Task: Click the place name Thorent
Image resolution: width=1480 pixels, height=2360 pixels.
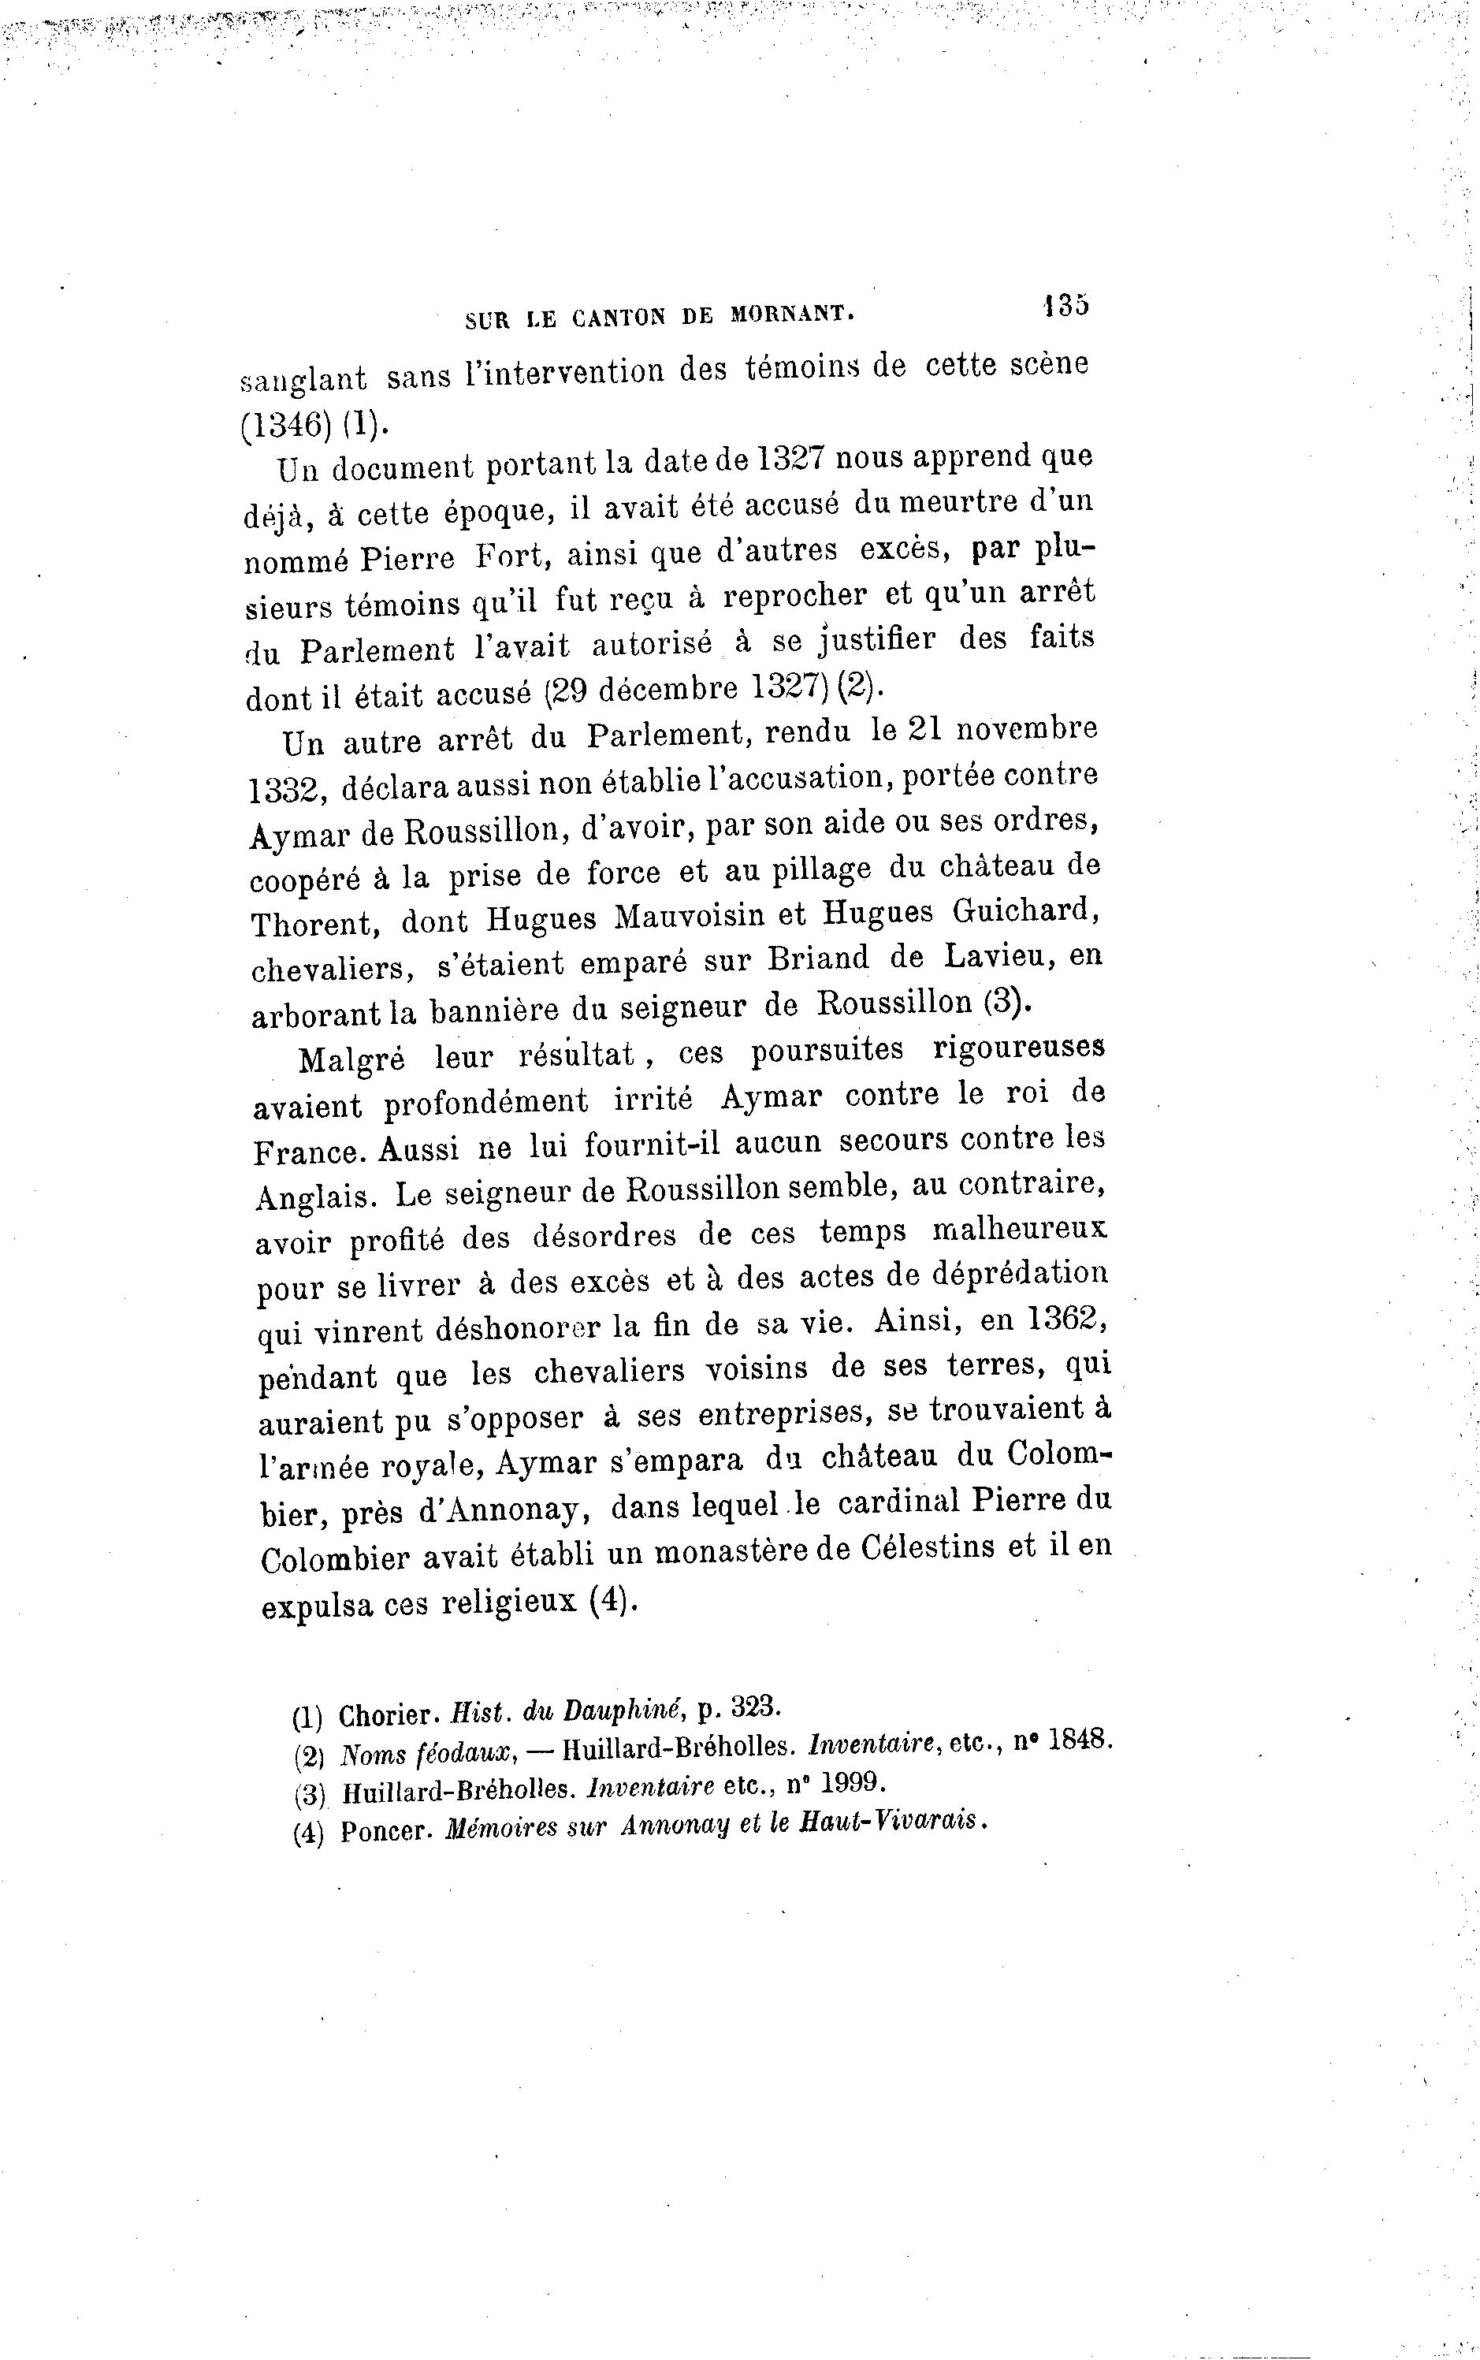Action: (309, 923)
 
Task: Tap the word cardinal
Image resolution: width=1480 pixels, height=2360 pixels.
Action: (892, 1503)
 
